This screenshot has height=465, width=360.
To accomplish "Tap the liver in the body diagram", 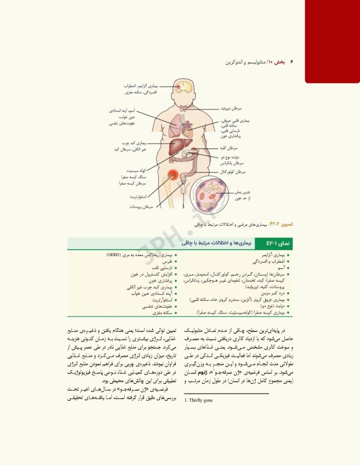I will coord(176,147).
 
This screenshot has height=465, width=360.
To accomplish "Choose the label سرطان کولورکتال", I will coord(232,172).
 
